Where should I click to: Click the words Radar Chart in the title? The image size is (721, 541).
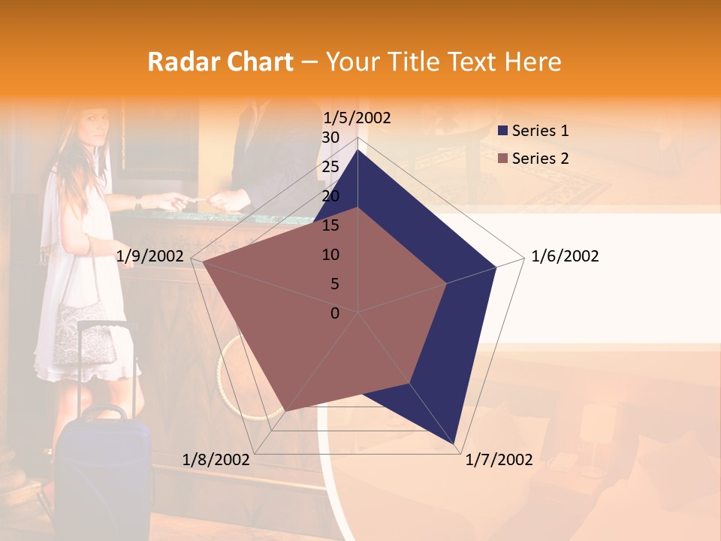220,62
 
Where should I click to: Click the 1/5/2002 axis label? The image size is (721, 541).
357,117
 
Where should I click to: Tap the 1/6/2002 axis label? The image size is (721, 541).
565,256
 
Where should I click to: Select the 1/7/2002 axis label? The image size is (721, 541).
499,460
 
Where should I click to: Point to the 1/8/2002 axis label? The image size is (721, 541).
216,460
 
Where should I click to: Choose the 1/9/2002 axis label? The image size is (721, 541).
150,256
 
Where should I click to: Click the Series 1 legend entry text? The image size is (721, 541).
540,131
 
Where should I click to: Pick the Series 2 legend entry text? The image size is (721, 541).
540,159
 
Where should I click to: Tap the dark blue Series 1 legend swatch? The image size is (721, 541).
503,131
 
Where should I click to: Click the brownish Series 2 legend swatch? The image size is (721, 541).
503,159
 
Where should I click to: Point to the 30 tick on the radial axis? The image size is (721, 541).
330,138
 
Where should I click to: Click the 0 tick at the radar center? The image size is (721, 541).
335,313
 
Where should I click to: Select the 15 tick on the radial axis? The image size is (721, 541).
330,225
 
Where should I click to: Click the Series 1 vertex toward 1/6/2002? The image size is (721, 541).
496,267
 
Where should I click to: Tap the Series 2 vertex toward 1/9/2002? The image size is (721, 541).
202,262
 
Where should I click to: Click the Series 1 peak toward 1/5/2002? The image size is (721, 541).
357,150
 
